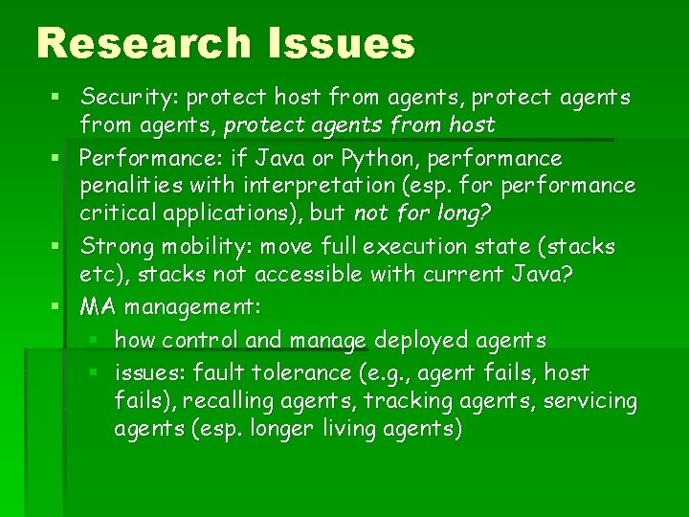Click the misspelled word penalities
131,185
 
